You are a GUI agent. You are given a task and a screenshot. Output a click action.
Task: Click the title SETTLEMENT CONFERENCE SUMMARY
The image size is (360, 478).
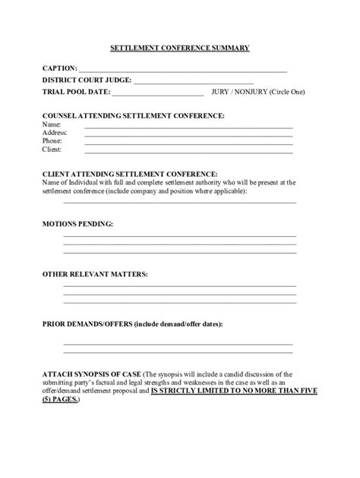(180, 48)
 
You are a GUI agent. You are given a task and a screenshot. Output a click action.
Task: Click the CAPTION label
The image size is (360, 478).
(58, 68)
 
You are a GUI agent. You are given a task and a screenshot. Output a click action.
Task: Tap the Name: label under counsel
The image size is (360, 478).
(51, 124)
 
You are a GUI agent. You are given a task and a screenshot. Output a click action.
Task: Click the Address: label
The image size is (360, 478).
(55, 132)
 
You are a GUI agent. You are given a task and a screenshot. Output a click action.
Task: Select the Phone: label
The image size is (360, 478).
(52, 140)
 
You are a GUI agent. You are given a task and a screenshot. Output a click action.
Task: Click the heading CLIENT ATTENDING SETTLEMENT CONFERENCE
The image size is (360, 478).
(130, 174)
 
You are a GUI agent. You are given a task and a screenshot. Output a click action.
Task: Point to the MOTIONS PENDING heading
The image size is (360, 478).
(77, 225)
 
